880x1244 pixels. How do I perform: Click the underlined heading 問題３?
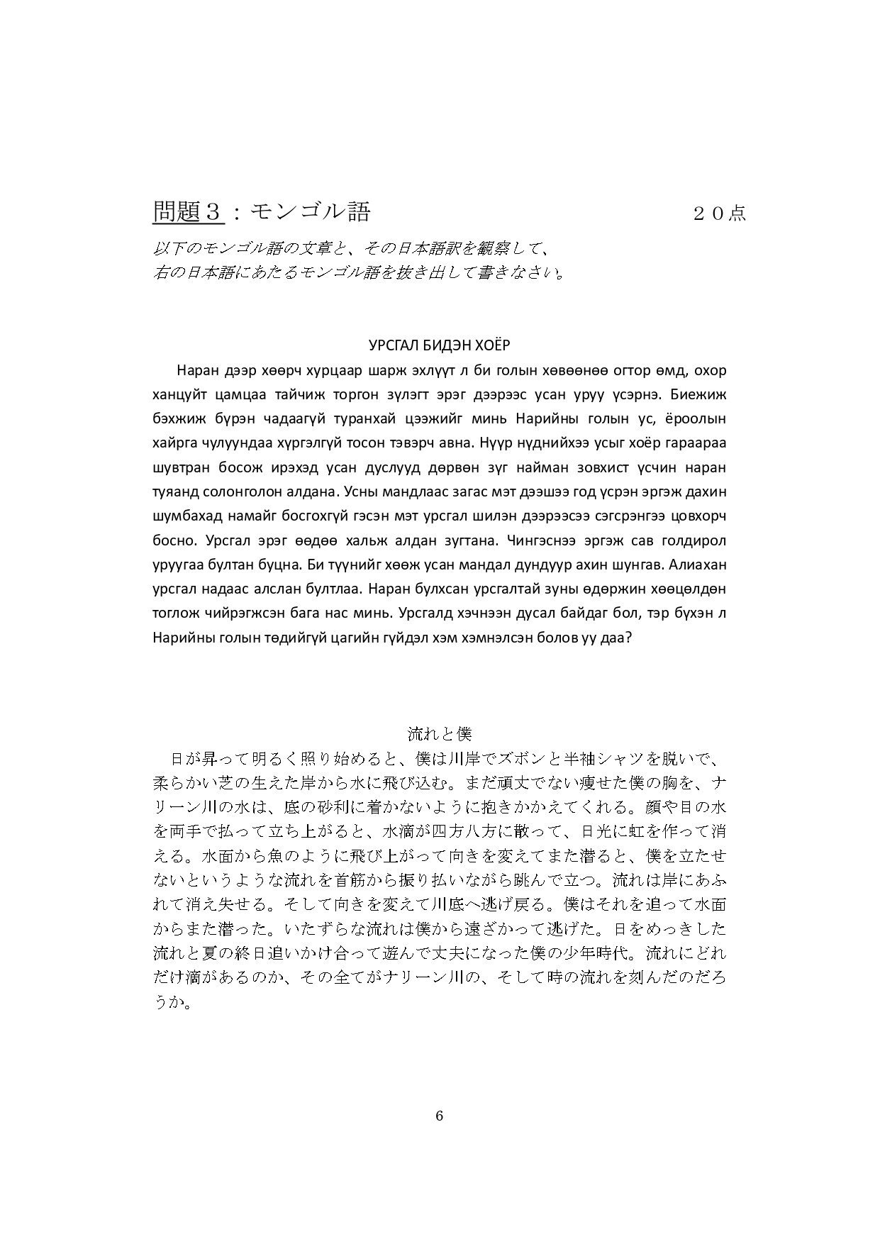pos(189,211)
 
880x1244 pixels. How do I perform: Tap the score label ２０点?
pos(719,213)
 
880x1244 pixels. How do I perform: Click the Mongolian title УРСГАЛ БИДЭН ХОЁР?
pos(440,345)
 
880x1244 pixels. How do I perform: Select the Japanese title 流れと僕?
pos(440,733)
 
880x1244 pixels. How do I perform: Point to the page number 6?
pos(440,1116)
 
